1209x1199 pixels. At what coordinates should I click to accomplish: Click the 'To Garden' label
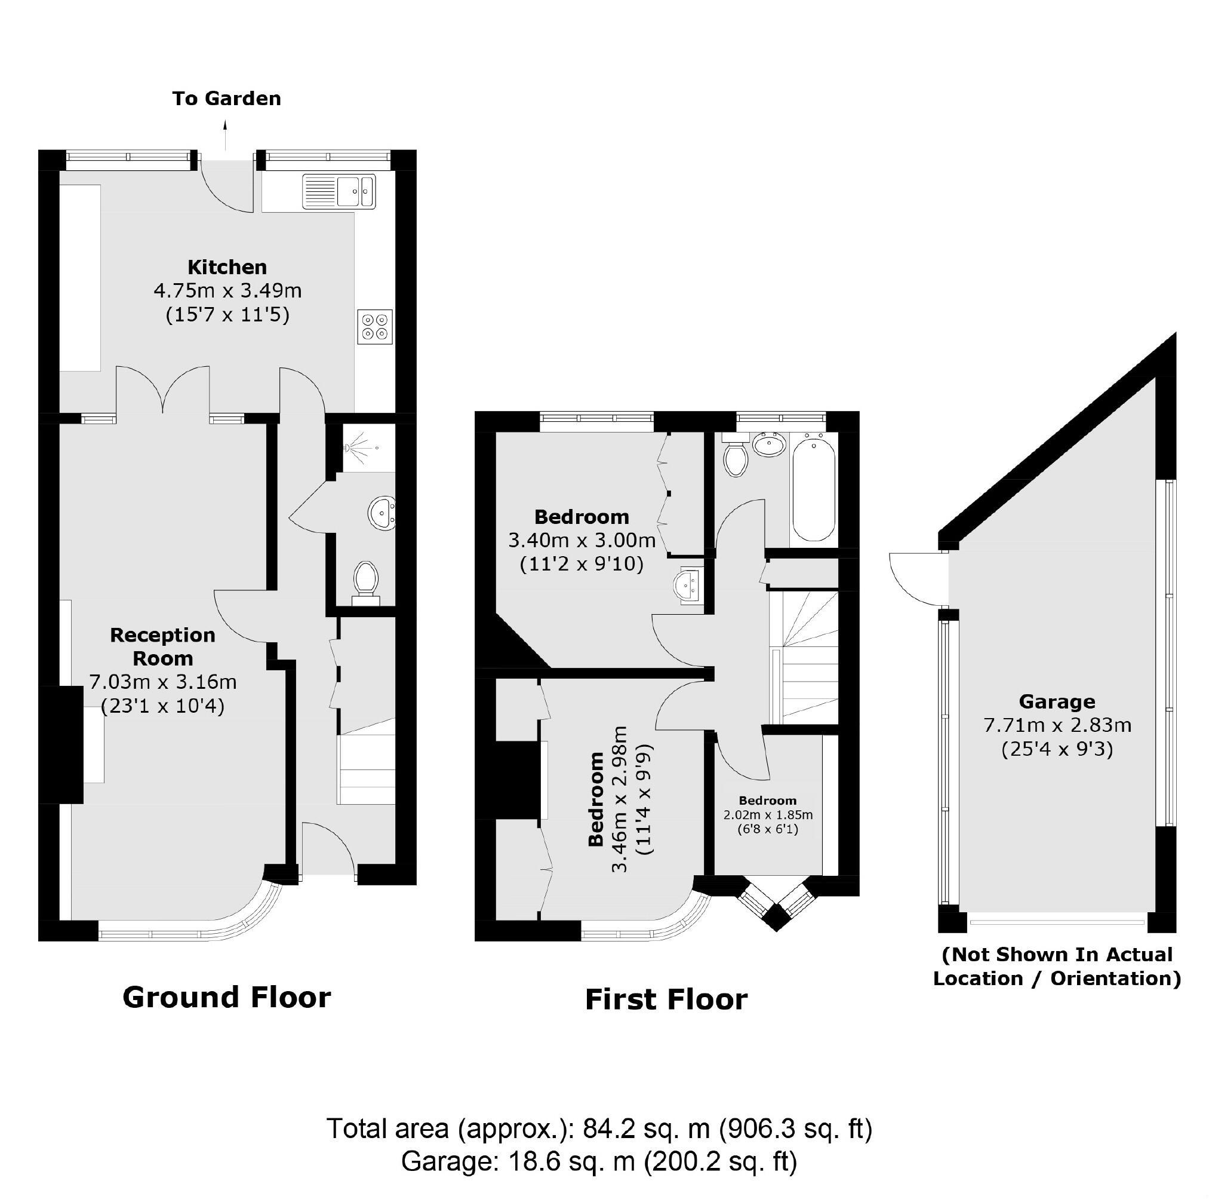click(226, 99)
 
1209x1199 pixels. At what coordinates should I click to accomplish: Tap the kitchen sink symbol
click(339, 191)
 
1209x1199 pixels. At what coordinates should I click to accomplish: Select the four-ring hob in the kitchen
click(375, 327)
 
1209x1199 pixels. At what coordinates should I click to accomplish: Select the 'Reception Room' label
click(163, 647)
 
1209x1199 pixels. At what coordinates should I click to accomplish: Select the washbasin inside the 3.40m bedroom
click(689, 586)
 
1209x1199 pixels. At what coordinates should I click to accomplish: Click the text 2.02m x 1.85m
click(768, 815)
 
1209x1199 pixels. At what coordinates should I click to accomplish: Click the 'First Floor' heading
click(666, 1000)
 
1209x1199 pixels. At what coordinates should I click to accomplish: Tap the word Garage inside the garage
click(1057, 702)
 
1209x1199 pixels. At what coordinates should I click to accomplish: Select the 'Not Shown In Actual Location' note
click(1057, 966)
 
